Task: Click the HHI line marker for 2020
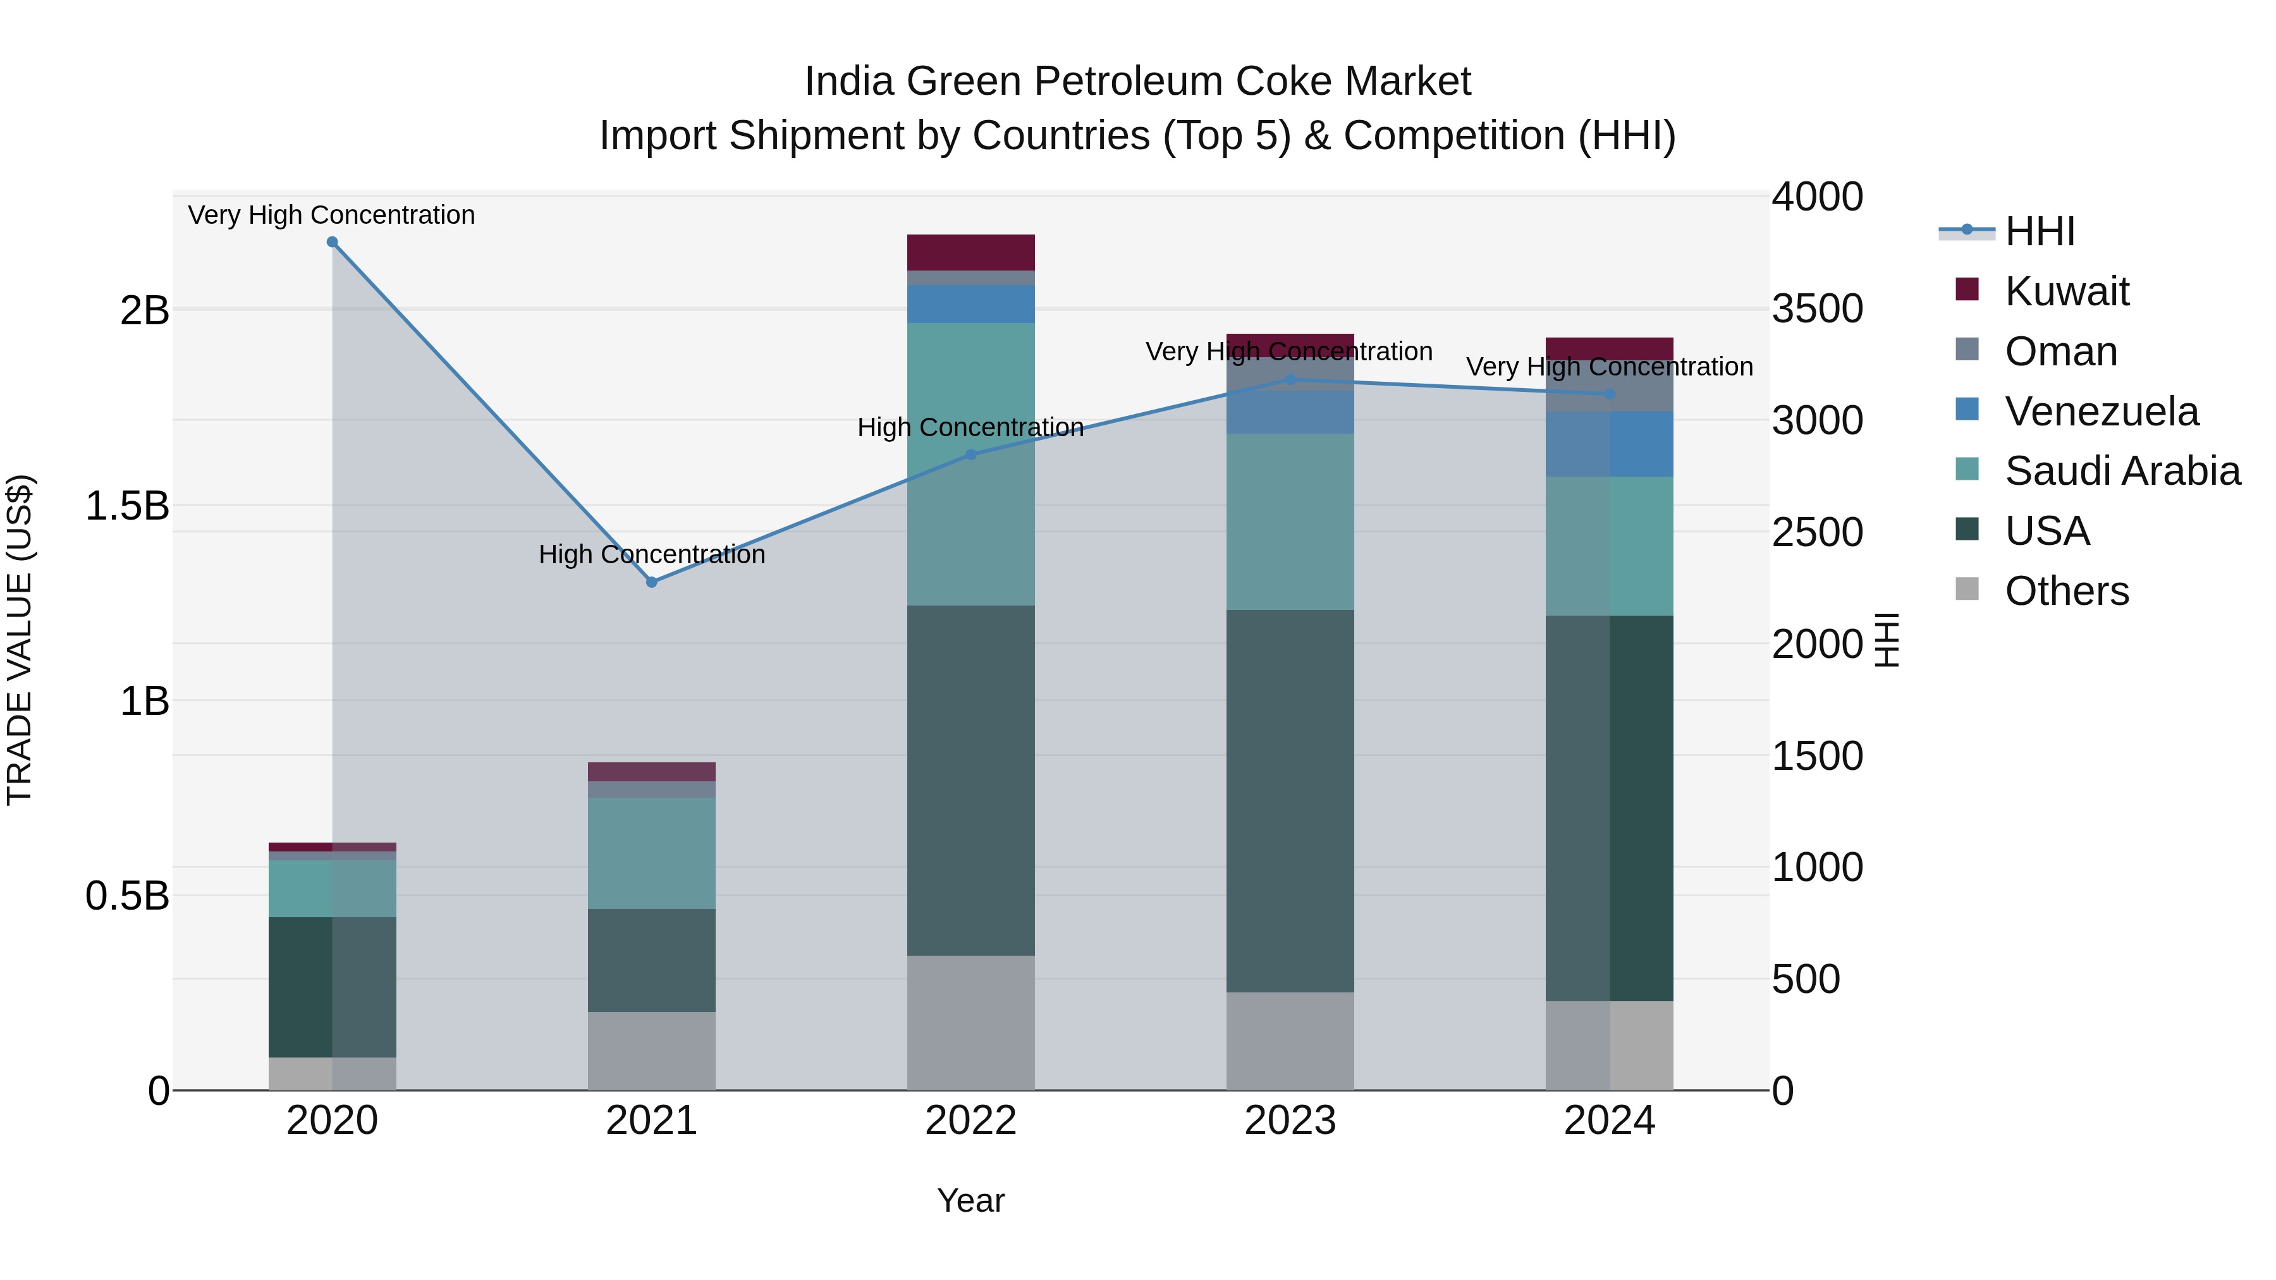pyautogui.click(x=332, y=242)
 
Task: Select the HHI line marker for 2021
pyautogui.click(x=651, y=582)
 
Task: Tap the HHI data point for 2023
pyautogui.click(x=1290, y=380)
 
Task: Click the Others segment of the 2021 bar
pyautogui.click(x=651, y=1051)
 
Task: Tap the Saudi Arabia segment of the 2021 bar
pyautogui.click(x=651, y=853)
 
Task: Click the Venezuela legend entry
pyautogui.click(x=2101, y=411)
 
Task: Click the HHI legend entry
pyautogui.click(x=2039, y=231)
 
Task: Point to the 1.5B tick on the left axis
pyautogui.click(x=127, y=506)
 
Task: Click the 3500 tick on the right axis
pyautogui.click(x=1816, y=309)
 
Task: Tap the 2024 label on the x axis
pyautogui.click(x=1609, y=1121)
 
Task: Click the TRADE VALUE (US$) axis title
pyautogui.click(x=20, y=640)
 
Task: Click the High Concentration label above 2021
pyautogui.click(x=651, y=555)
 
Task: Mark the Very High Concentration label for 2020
pyautogui.click(x=331, y=216)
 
